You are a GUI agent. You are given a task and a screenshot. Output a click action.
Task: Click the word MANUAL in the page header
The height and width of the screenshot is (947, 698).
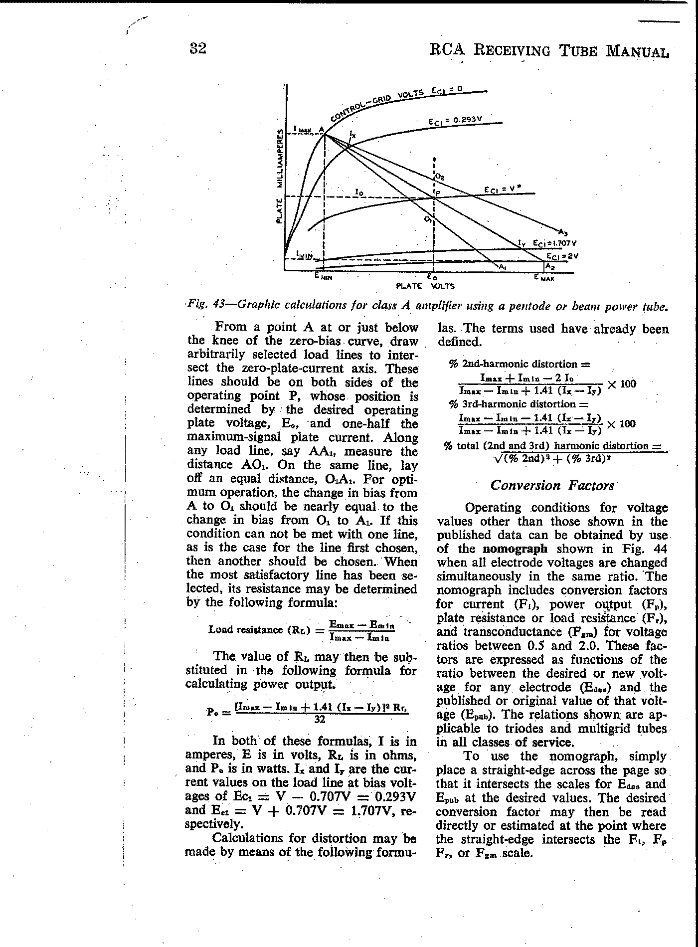click(636, 51)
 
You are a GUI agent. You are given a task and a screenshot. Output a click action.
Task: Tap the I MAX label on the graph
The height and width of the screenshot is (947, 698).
click(302, 129)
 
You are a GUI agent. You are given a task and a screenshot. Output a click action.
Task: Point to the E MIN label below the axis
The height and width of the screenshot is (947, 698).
click(323, 276)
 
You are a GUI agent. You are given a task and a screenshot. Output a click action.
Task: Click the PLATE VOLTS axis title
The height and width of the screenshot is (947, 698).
click(425, 287)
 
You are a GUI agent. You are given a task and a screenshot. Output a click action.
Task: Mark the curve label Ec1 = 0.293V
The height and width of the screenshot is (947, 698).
click(455, 120)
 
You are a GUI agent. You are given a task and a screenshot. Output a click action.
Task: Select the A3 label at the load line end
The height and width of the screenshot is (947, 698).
click(563, 231)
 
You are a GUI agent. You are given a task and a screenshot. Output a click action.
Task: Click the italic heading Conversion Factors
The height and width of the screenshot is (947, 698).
click(552, 485)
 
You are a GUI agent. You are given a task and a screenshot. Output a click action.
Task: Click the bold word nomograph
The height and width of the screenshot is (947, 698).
click(516, 549)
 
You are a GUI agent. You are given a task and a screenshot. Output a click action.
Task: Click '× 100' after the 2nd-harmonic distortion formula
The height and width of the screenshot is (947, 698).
click(622, 384)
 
